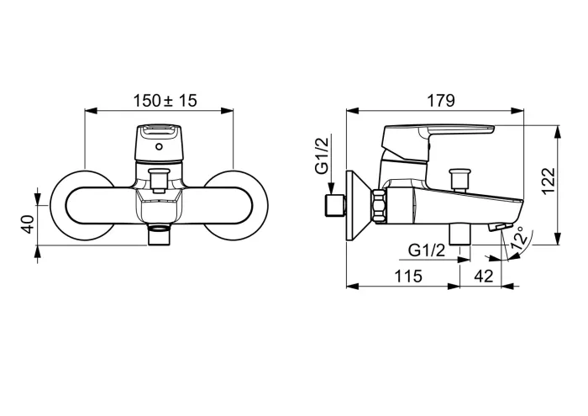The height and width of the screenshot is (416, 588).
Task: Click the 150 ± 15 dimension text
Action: pyautogui.click(x=165, y=101)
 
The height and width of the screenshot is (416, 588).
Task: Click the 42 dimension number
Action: pyautogui.click(x=483, y=276)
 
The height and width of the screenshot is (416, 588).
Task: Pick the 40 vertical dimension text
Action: pyautogui.click(x=27, y=225)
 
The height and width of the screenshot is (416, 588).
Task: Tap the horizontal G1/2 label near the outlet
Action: pyautogui.click(x=428, y=250)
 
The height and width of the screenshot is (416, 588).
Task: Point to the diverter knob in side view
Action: pyautogui.click(x=459, y=179)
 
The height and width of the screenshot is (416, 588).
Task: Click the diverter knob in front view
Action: pyautogui.click(x=158, y=179)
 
